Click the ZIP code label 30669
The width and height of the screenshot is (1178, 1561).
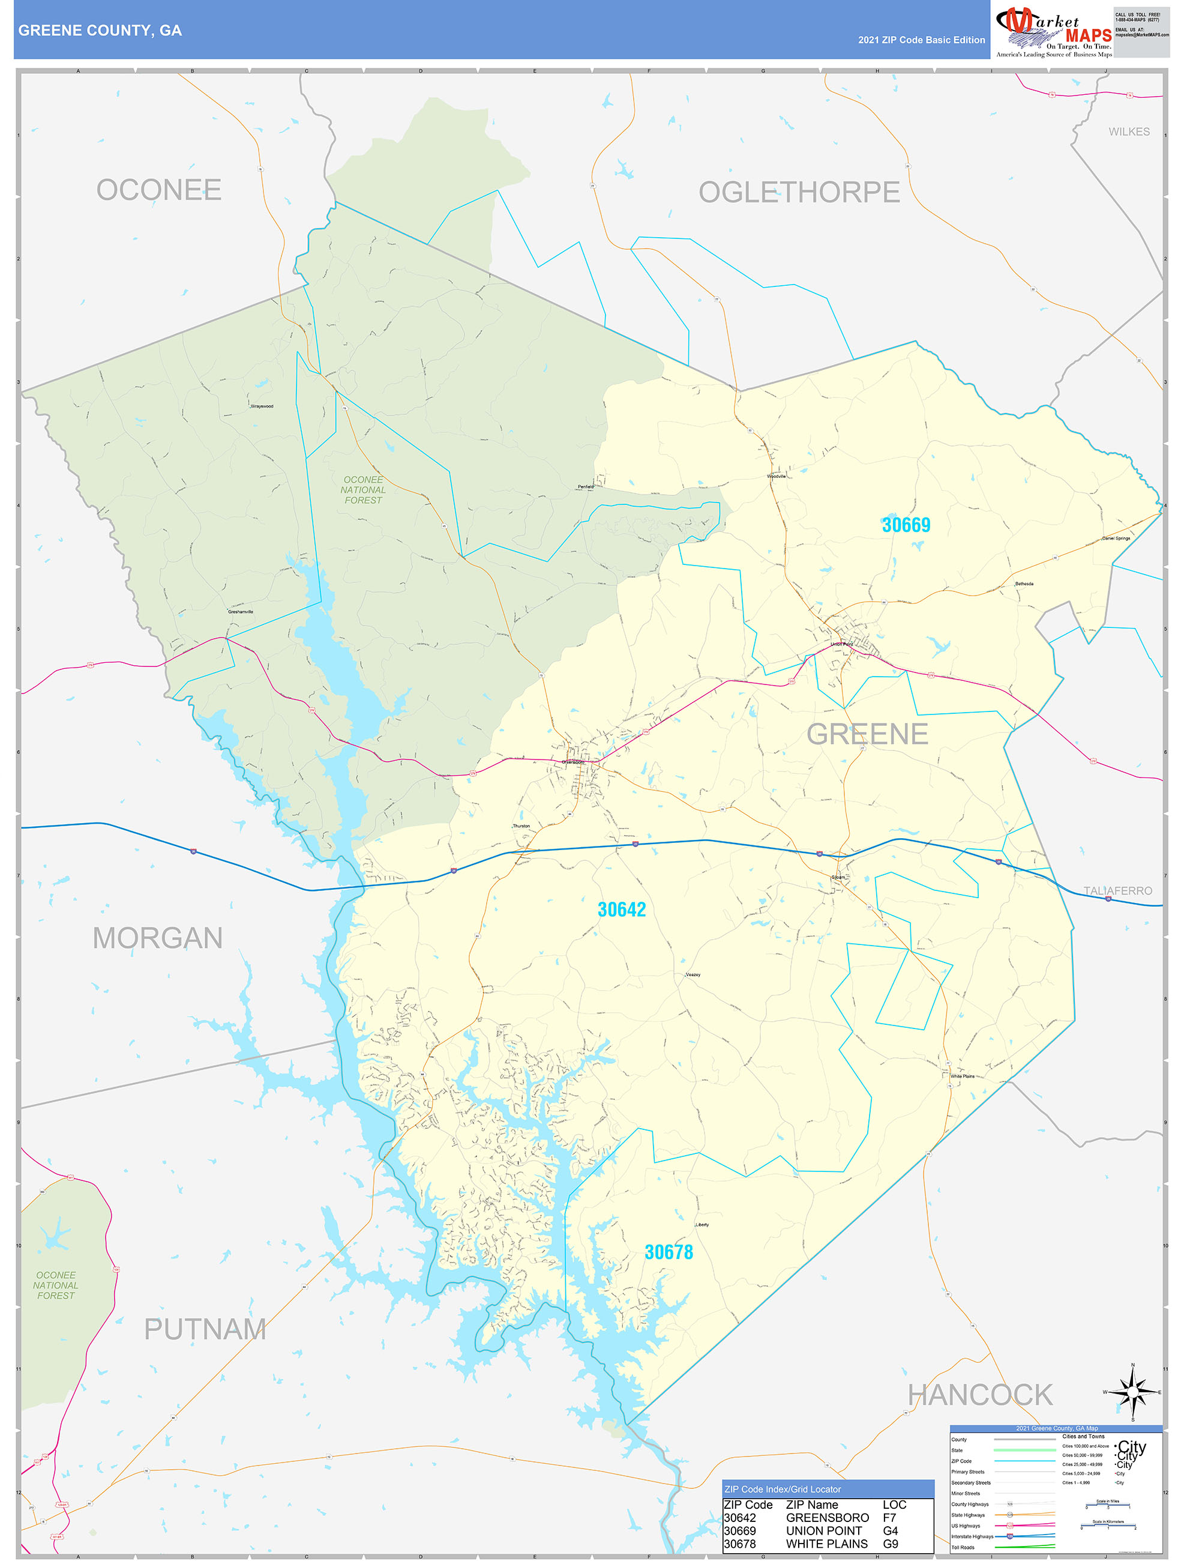tap(906, 525)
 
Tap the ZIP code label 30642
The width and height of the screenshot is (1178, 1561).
tap(622, 910)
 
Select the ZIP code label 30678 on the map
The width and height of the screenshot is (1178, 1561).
tap(669, 1252)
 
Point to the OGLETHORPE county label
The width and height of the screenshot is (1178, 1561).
tap(799, 192)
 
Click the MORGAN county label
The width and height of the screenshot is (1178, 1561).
tap(157, 938)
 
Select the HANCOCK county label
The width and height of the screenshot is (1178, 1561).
tap(980, 1395)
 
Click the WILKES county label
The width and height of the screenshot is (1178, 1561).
tap(1129, 132)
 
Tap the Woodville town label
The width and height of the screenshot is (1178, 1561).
tap(776, 476)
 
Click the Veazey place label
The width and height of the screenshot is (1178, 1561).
tap(693, 974)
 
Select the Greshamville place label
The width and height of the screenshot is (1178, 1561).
tap(241, 612)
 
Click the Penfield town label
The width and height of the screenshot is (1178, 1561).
tap(586, 487)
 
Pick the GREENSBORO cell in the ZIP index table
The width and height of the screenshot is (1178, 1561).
tap(827, 1518)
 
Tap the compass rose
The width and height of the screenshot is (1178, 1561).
tap(1132, 1392)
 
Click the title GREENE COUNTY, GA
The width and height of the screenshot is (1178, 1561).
tap(100, 31)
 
